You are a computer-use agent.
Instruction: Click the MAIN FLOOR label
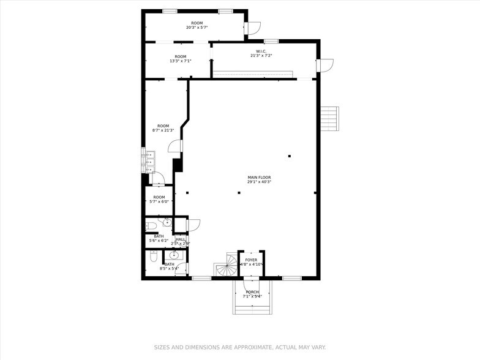(259, 178)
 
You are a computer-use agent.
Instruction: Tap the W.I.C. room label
(260, 51)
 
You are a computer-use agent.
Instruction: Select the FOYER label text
(251, 260)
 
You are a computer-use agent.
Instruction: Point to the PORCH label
(252, 292)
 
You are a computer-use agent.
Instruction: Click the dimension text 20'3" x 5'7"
(197, 28)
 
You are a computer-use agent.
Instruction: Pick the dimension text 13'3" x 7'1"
(180, 61)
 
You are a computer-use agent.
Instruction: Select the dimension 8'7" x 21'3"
(163, 130)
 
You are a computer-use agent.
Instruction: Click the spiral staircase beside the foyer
(226, 265)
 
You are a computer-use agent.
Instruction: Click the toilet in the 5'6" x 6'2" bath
(151, 226)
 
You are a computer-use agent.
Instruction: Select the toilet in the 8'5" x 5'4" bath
(153, 256)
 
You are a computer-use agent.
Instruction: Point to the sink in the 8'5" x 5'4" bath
(174, 255)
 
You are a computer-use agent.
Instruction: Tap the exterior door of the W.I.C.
(324, 65)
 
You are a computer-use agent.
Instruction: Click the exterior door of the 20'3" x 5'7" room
(253, 28)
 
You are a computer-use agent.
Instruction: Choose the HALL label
(180, 239)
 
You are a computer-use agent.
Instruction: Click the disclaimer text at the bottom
(240, 347)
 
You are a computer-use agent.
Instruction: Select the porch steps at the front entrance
(251, 308)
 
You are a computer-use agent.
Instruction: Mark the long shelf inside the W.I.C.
(252, 75)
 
